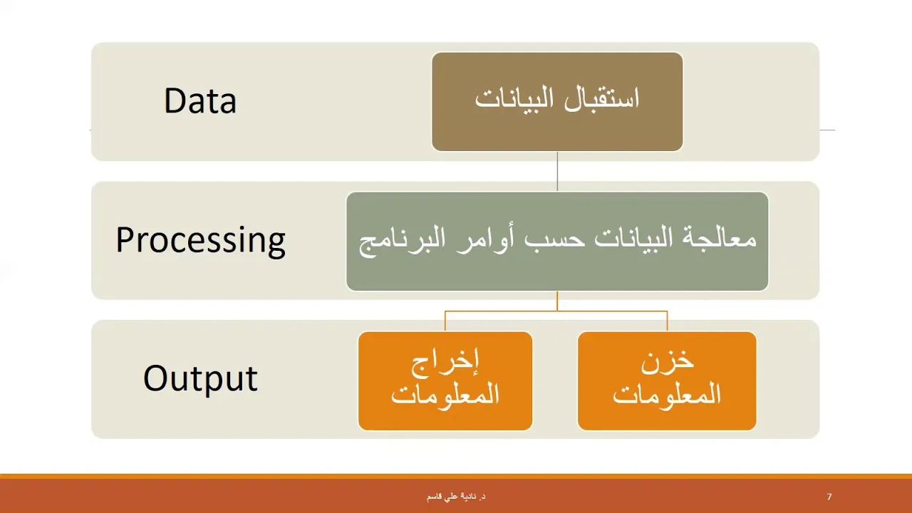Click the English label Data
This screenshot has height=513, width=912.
(x=200, y=100)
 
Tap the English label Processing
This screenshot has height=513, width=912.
(x=201, y=241)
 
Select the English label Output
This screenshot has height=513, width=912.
(x=200, y=378)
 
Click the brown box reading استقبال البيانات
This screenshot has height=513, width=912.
(x=557, y=102)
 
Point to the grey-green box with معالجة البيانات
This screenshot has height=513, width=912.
(x=557, y=242)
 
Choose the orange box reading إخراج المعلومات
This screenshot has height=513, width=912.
(x=445, y=381)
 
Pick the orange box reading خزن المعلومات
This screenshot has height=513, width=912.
(x=667, y=381)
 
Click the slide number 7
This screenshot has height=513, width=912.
(x=829, y=497)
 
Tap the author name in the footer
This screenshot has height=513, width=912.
(x=456, y=497)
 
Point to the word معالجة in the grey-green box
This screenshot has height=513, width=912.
(x=716, y=239)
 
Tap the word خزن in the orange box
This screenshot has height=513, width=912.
(x=668, y=361)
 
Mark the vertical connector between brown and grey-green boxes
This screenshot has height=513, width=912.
(x=557, y=172)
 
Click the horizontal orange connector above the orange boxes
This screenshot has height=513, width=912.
(x=556, y=311)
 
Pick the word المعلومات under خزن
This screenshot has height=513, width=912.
(x=667, y=393)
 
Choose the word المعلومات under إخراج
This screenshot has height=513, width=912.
(x=445, y=393)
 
